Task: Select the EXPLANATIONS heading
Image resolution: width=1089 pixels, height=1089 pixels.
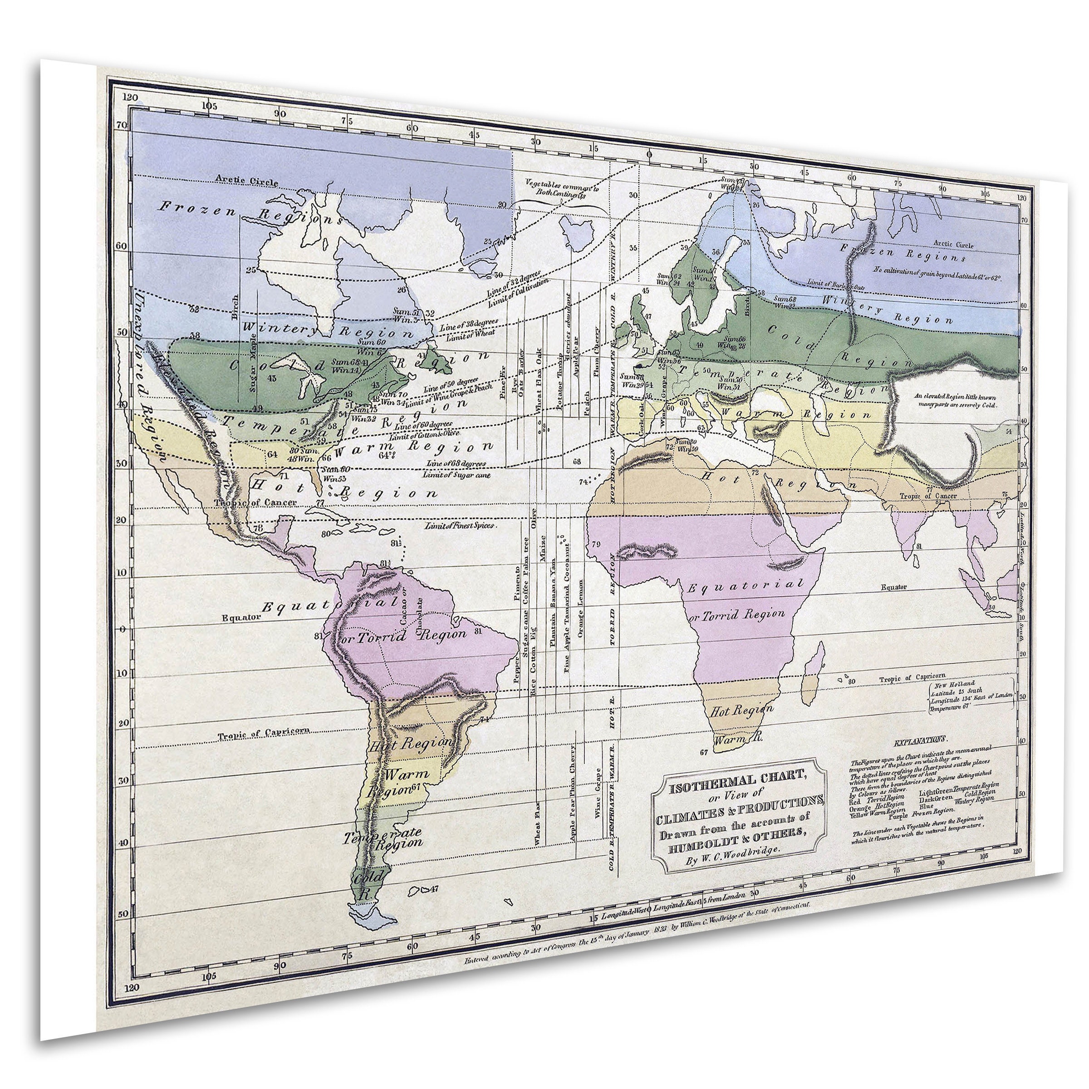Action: pyautogui.click(x=922, y=739)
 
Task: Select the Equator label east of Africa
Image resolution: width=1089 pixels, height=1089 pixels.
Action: pyautogui.click(x=894, y=587)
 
